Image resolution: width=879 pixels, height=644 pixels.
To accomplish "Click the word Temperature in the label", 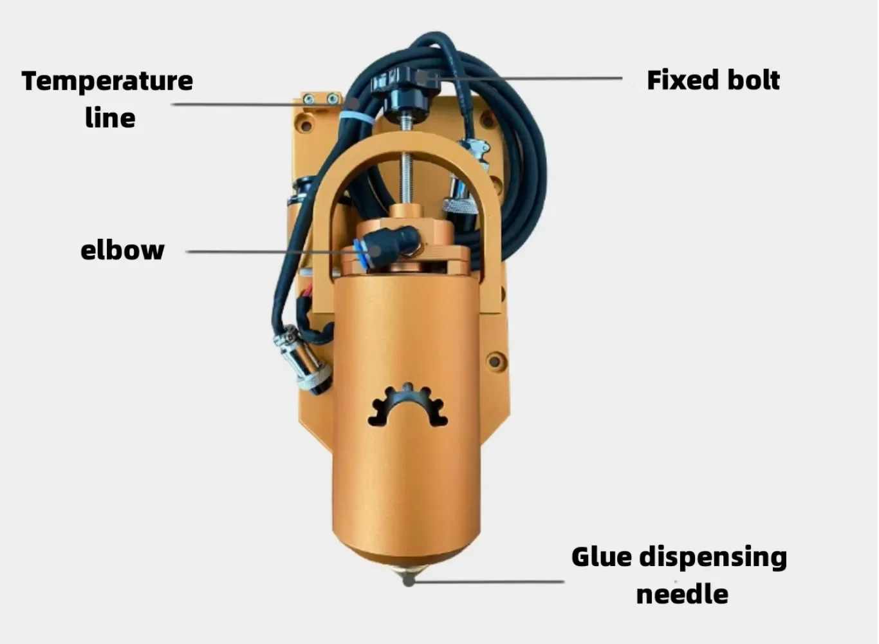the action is coord(107,81).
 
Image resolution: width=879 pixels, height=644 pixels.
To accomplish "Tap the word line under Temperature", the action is coord(110,117).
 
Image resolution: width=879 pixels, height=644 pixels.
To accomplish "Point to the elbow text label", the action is coord(122,250).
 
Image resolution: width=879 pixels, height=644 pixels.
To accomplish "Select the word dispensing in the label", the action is coord(714,559).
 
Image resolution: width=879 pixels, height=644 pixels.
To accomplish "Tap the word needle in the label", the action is coord(682,594).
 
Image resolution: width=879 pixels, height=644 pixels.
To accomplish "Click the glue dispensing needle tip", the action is coord(408,580).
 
